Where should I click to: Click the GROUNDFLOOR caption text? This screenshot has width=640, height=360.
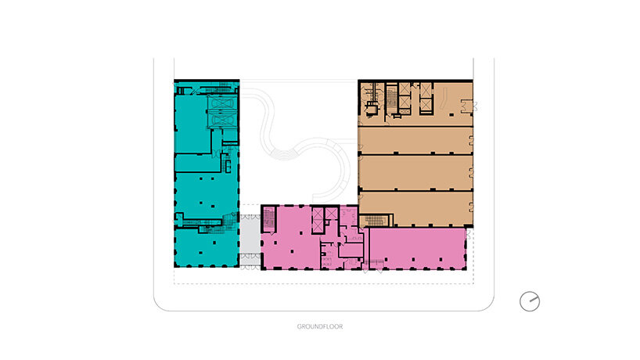[319, 326]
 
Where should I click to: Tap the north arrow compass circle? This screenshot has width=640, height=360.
[530, 301]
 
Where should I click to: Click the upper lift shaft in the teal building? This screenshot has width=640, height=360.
[221, 103]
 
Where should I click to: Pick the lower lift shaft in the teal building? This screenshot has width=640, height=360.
[221, 120]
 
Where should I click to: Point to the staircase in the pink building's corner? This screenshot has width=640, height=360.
[268, 220]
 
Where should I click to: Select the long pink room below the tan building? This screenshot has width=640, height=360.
[417, 248]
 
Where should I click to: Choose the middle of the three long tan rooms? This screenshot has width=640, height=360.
[415, 172]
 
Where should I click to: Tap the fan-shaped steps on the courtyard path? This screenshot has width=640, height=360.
[285, 154]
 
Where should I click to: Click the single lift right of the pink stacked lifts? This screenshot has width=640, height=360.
[331, 214]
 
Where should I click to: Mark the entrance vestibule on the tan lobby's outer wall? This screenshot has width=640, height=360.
[468, 106]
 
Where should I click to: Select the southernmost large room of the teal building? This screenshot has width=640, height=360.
[206, 248]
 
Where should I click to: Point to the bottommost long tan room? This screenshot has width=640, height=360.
[415, 207]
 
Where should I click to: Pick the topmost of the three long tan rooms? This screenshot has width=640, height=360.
[415, 140]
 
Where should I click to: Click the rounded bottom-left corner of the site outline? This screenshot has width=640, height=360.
[160, 304]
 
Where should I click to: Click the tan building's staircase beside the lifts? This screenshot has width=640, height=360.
[391, 99]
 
